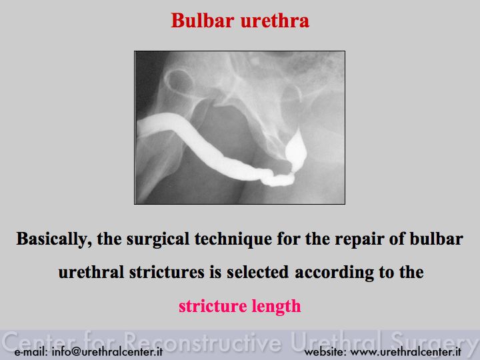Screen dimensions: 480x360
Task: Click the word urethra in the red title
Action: coord(275,21)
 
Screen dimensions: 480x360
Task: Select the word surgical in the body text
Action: coord(158,239)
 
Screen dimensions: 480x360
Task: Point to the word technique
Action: coord(233,239)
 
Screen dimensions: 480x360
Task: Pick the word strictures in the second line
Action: coord(167,272)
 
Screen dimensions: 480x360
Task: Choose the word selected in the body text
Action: coord(257,272)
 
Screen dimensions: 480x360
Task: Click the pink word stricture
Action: coord(213,306)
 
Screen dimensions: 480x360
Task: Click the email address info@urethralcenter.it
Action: coord(107,351)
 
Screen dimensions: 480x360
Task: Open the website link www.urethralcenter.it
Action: coord(405,351)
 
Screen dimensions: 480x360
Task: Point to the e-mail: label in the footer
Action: coord(31,351)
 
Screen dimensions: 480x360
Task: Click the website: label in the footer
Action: coord(325,351)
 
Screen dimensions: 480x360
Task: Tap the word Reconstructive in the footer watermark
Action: coord(203,341)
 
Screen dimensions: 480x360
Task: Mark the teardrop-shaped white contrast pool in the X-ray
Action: coord(296,149)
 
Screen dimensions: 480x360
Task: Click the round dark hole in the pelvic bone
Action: coord(179,81)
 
